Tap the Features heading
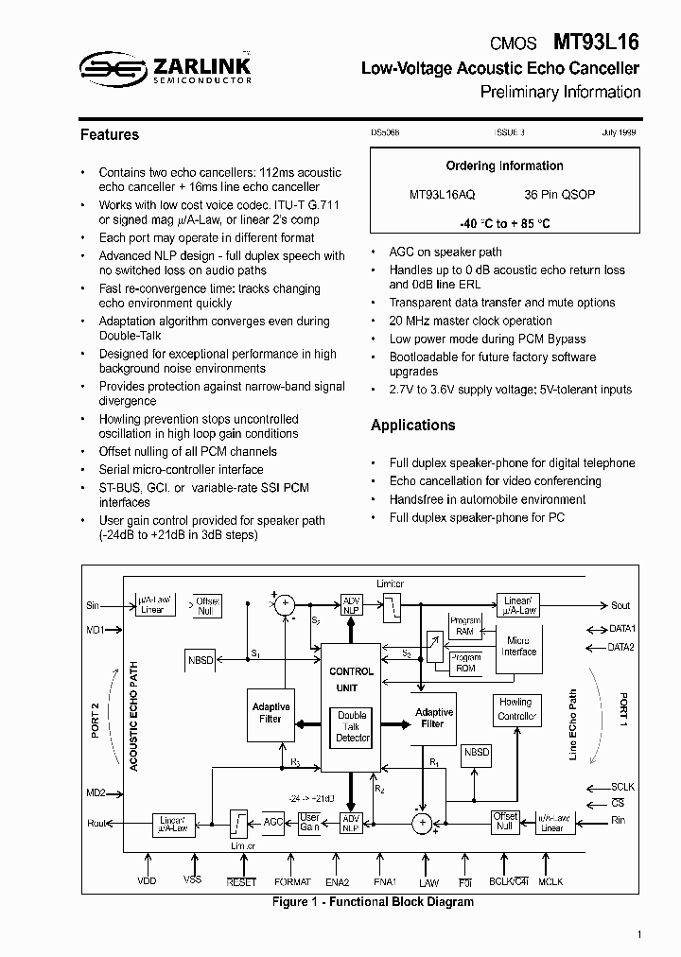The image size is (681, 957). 110,135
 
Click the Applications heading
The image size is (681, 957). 412,426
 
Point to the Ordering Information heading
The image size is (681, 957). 504,166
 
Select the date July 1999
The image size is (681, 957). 619,134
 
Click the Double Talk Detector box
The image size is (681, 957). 352,726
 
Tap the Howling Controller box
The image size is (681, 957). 515,709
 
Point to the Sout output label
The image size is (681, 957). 620,605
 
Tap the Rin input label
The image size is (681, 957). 619,820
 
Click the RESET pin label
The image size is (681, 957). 241,881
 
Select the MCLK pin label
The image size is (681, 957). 550,881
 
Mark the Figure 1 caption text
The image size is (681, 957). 373,902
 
